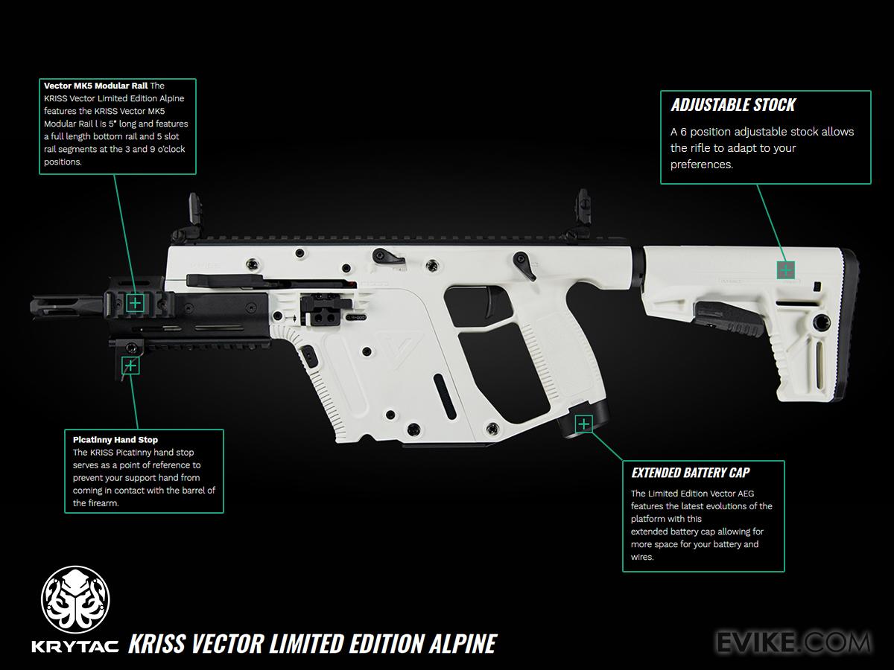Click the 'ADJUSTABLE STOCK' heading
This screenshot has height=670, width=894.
(x=733, y=105)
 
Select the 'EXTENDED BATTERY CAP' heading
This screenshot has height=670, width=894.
(x=691, y=473)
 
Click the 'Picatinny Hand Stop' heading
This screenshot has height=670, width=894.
(x=115, y=439)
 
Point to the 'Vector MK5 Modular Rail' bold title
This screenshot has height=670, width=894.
(x=96, y=86)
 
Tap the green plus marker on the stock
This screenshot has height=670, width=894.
(x=785, y=269)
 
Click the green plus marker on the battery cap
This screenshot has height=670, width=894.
(x=584, y=424)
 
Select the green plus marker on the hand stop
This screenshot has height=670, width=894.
(x=130, y=366)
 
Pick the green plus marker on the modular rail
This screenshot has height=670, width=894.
(x=135, y=302)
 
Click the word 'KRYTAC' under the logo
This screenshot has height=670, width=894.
(x=74, y=645)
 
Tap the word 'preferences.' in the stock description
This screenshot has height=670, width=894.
(x=702, y=165)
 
